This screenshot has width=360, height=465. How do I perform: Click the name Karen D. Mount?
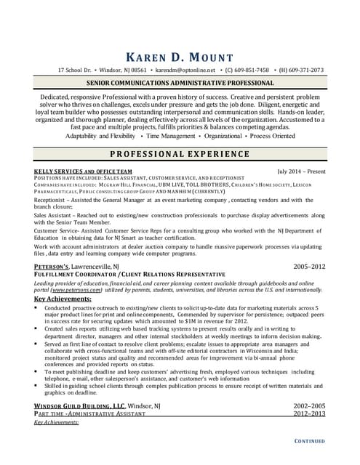point(179,57)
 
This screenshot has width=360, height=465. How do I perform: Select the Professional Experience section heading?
point(180,154)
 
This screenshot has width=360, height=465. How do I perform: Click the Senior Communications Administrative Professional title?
point(180,84)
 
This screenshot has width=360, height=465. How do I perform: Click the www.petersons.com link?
point(82,289)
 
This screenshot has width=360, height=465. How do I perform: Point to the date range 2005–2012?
point(309,267)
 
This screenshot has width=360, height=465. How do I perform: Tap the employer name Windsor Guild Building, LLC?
point(79,426)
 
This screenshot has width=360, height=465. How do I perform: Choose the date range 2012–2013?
point(309,434)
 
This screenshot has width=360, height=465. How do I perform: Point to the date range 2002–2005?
point(309,426)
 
